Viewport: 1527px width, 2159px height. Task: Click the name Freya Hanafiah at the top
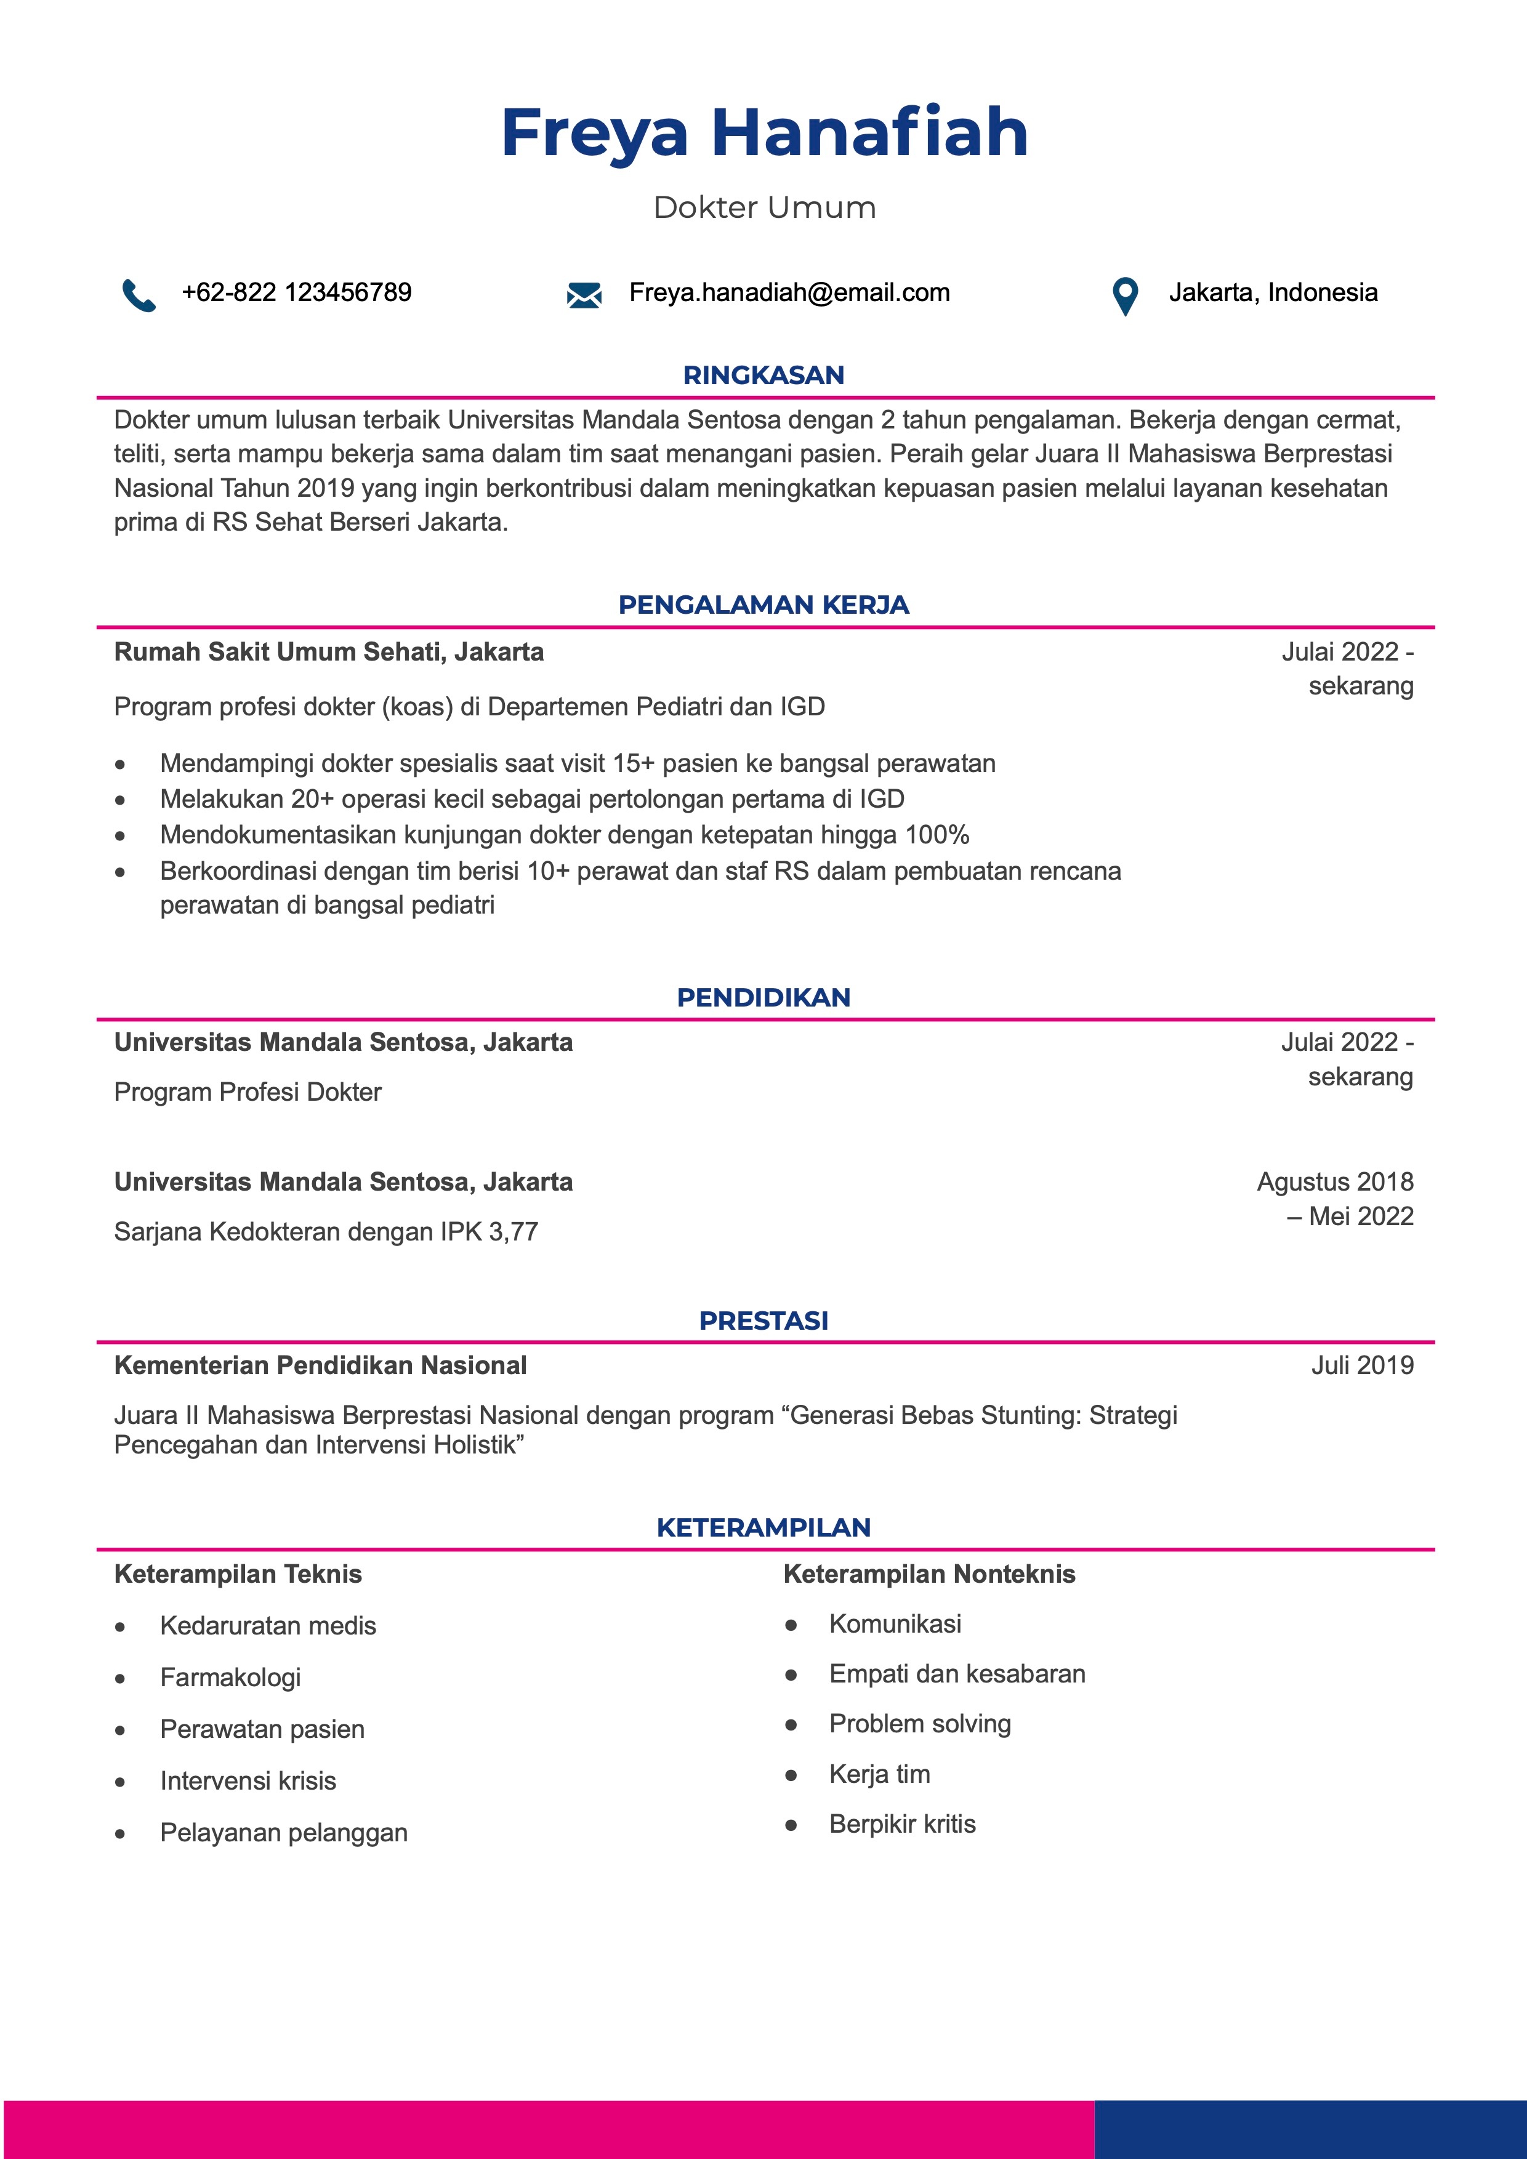point(763,132)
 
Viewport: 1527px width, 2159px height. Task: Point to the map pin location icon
point(1124,296)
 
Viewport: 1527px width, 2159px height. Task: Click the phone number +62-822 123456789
point(296,292)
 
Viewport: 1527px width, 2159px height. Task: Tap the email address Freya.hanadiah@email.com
point(789,292)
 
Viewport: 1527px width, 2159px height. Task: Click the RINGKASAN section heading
point(763,375)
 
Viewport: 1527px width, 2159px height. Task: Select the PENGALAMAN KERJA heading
point(763,605)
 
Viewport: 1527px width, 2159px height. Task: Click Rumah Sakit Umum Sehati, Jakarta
point(328,652)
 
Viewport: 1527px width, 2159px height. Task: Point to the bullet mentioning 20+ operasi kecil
point(531,799)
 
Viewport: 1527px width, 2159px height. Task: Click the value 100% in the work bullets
point(937,835)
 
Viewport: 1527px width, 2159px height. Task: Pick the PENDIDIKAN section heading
point(763,998)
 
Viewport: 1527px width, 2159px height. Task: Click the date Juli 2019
point(1361,1365)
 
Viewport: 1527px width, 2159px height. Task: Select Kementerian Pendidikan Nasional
point(320,1365)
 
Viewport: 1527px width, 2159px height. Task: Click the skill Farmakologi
point(230,1678)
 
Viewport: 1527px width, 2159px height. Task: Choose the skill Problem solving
point(919,1724)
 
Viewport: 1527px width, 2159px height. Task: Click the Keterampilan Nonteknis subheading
point(929,1574)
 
